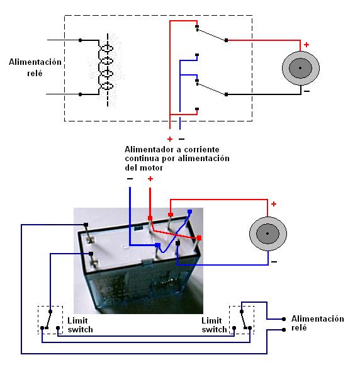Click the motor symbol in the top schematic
pos(300,68)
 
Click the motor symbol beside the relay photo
pos(268,234)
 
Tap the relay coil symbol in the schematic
pos(106,67)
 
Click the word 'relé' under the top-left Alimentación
pos(35,73)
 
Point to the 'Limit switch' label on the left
pos(80,325)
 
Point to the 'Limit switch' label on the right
pos(214,325)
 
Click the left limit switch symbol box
pos(50,320)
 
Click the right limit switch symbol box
pos(242,320)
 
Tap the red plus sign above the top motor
pos(307,45)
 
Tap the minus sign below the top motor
pos(307,91)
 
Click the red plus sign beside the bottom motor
pos(274,204)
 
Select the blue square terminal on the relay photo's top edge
pos(189,211)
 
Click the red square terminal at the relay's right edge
pos(200,238)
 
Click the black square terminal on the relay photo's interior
pos(178,243)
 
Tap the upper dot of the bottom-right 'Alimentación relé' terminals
pos(284,319)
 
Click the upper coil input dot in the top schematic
pos(81,40)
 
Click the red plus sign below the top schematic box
pos(170,139)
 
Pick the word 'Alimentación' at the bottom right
pos(318,318)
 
